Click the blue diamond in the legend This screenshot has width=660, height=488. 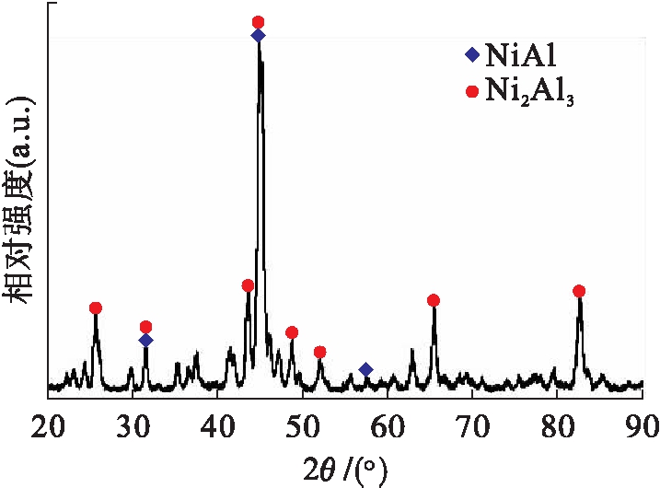pos(472,54)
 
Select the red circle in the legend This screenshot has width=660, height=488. pos(472,91)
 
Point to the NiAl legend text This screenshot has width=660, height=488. pos(521,54)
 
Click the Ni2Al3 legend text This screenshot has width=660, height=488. pos(531,92)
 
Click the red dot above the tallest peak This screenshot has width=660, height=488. pos(258,21)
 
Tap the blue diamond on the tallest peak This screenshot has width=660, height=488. pos(258,35)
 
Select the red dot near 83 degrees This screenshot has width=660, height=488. pos(579,291)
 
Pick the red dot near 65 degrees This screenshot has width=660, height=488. pos(434,300)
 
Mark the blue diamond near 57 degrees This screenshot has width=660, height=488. pos(365,369)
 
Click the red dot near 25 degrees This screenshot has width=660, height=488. pos(96,308)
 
